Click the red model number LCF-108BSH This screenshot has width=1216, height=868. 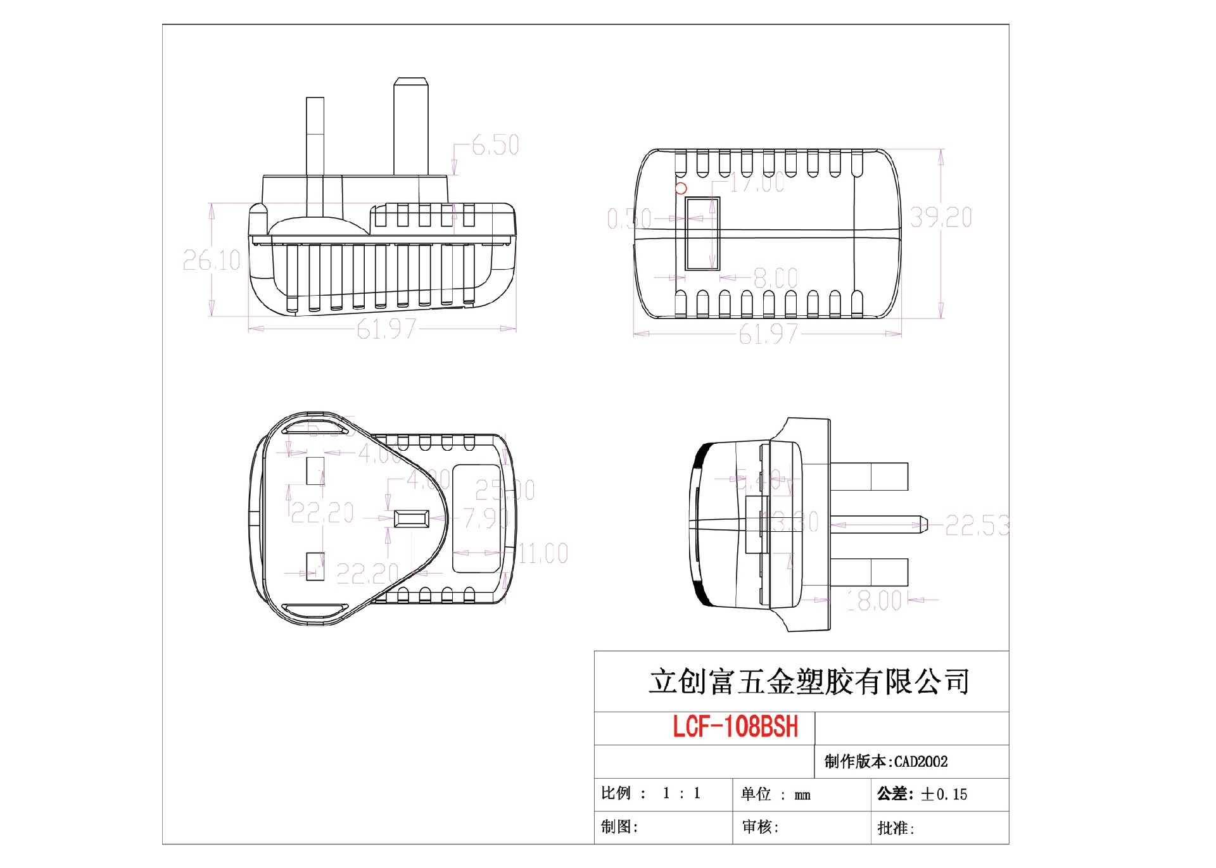735,727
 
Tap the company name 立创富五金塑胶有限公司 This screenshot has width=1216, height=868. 809,682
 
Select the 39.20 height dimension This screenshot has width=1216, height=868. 940,218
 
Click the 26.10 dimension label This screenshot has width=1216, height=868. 212,260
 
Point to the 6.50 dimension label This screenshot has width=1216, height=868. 495,146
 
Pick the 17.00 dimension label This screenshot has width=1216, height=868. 757,184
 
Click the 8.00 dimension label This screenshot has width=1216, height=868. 775,278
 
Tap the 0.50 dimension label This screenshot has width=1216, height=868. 629,219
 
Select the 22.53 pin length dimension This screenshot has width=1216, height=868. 976,525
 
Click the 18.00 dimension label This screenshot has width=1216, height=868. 874,601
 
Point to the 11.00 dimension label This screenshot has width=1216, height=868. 543,553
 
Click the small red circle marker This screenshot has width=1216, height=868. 681,188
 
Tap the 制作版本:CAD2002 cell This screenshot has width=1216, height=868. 886,762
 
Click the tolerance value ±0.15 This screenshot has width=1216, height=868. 944,795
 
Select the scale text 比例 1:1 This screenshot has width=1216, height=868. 651,793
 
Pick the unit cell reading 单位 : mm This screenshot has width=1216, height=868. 776,795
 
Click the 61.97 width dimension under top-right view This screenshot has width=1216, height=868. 768,334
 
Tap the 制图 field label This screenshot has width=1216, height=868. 619,827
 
